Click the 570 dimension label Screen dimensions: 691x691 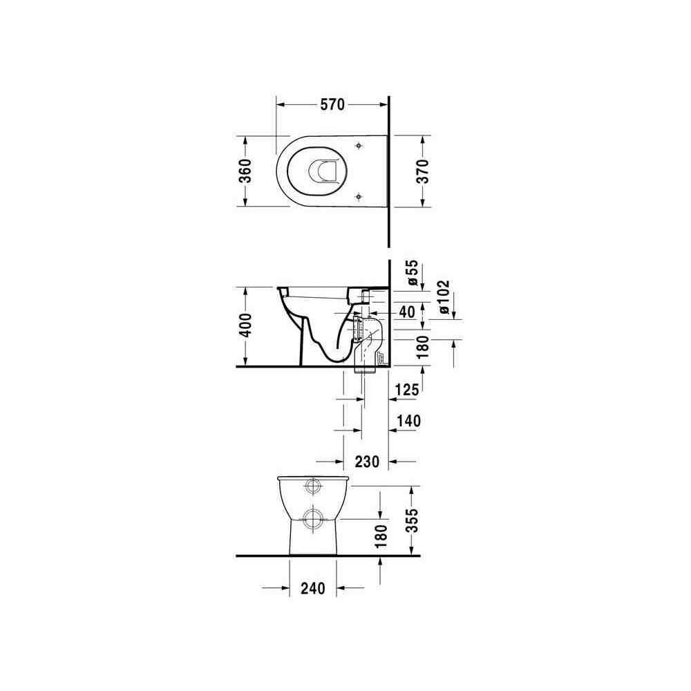click(332, 105)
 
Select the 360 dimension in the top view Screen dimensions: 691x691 click(245, 171)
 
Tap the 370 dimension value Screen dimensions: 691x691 click(423, 171)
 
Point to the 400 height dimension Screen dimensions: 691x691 click(245, 325)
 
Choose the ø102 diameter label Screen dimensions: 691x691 click(444, 297)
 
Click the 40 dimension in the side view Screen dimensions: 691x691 click(407, 312)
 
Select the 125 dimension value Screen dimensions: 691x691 click(407, 390)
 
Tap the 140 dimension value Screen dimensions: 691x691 click(408, 421)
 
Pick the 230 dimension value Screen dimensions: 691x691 click(367, 462)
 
